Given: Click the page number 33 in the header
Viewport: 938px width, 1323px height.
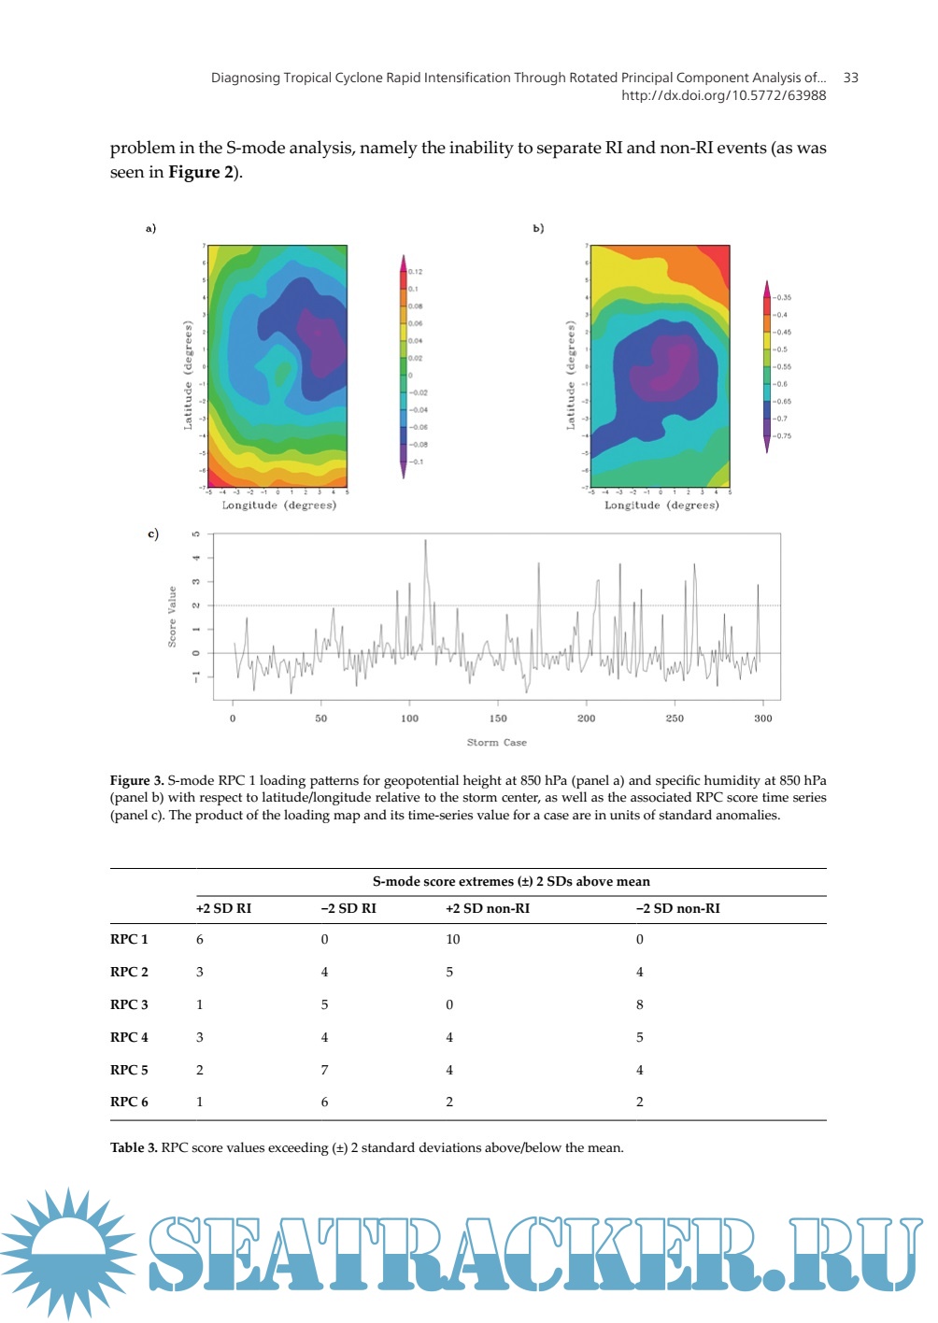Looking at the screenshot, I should pyautogui.click(x=850, y=78).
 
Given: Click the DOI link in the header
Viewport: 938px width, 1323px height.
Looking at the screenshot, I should pyautogui.click(x=723, y=95).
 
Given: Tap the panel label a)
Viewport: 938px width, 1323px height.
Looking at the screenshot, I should pyautogui.click(x=150, y=228).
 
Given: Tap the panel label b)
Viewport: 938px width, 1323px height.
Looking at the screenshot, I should pyautogui.click(x=538, y=228).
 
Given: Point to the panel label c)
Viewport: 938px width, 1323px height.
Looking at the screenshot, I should pyautogui.click(x=153, y=533).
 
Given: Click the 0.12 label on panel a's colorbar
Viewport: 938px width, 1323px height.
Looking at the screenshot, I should pyautogui.click(x=416, y=272).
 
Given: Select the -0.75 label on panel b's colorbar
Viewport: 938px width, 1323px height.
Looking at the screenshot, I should pyautogui.click(x=782, y=435).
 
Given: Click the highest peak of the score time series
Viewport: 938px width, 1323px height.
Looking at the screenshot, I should pyautogui.click(x=426, y=540).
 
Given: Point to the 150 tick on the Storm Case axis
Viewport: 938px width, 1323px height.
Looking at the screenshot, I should pyautogui.click(x=498, y=718).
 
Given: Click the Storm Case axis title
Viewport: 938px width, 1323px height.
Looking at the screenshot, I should pyautogui.click(x=497, y=743).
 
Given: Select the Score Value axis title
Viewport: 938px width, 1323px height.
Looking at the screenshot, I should pyautogui.click(x=172, y=617).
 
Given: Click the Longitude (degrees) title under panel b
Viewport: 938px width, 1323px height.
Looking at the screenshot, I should pyautogui.click(x=661, y=505).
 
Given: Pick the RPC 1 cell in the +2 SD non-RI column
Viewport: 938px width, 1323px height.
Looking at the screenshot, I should pyautogui.click(x=453, y=939).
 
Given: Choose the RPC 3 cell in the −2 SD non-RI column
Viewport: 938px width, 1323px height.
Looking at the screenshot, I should pyautogui.click(x=640, y=1004).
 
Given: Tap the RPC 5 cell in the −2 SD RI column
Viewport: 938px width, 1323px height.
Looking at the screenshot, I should pyautogui.click(x=324, y=1070).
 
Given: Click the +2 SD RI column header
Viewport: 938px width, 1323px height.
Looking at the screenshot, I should pyautogui.click(x=223, y=908).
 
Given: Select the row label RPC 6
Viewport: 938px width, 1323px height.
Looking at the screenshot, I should pyautogui.click(x=129, y=1102).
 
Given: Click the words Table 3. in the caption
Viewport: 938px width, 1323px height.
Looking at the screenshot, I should pyautogui.click(x=134, y=1147).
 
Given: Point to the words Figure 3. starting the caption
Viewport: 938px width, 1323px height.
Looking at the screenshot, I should pyautogui.click(x=136, y=780).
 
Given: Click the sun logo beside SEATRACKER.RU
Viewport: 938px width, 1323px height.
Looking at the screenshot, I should pyautogui.click(x=68, y=1252).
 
